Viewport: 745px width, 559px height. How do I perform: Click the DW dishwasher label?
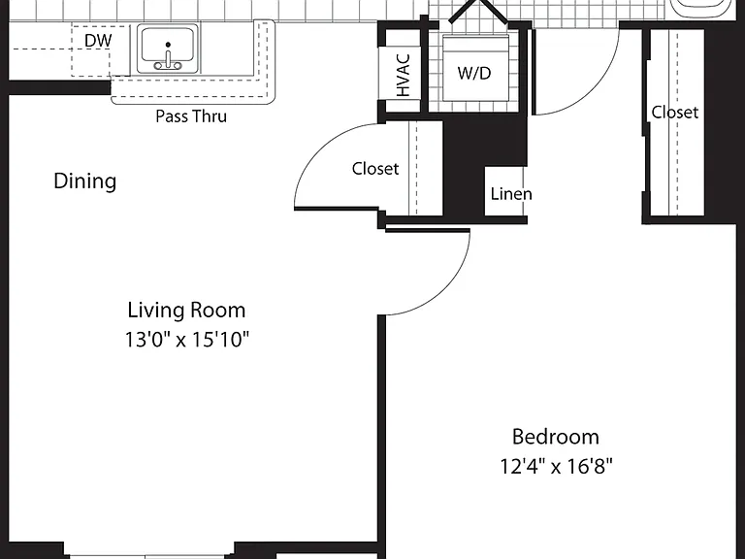pyautogui.click(x=98, y=41)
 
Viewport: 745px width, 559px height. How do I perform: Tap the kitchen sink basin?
pyautogui.click(x=168, y=48)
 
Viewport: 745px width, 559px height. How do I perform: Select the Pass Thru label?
pyautogui.click(x=191, y=116)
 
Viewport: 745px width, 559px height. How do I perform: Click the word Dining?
pyautogui.click(x=84, y=181)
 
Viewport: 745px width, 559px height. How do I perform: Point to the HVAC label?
pyautogui.click(x=403, y=75)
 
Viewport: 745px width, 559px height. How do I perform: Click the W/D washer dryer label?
pyautogui.click(x=474, y=73)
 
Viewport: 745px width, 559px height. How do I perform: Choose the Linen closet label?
pyautogui.click(x=511, y=194)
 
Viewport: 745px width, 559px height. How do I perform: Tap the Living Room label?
pyautogui.click(x=186, y=310)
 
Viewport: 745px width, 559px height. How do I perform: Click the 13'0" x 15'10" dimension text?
pyautogui.click(x=186, y=340)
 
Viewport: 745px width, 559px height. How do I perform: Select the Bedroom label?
pyautogui.click(x=556, y=437)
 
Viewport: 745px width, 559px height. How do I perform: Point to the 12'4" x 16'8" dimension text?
pyautogui.click(x=556, y=466)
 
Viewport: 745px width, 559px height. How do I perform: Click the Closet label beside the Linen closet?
pyautogui.click(x=375, y=169)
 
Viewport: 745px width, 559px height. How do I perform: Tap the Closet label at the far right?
pyautogui.click(x=675, y=113)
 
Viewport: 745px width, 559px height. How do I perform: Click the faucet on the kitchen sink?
pyautogui.click(x=168, y=60)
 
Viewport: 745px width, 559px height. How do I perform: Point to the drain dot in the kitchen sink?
pyautogui.click(x=168, y=45)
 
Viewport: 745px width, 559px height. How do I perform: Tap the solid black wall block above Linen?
pyautogui.click(x=485, y=143)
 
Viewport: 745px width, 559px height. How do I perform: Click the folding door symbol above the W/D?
pyautogui.click(x=477, y=11)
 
